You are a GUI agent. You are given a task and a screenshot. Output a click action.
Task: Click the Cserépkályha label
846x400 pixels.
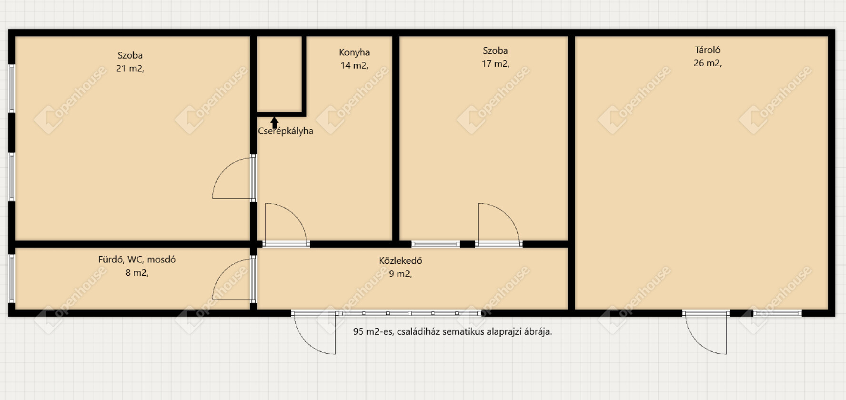(285, 131)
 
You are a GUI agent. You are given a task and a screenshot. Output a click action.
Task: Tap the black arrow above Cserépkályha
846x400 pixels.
(274, 123)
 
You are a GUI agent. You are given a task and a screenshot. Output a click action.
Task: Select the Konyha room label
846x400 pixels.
(354, 53)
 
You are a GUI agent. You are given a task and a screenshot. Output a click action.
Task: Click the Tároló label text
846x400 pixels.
(707, 50)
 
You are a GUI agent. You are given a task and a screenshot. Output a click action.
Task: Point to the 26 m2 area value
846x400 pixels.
(707, 63)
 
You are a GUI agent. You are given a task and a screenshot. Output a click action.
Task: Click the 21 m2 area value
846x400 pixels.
(130, 69)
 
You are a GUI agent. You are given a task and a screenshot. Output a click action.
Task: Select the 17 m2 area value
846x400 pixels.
(495, 64)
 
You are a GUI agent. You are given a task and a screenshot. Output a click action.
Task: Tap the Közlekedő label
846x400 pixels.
(401, 261)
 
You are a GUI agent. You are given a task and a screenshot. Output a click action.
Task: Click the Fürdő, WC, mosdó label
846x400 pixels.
(137, 260)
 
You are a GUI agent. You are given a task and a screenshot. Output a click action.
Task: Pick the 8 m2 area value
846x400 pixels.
(137, 273)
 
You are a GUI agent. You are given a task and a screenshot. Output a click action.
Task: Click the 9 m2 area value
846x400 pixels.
(401, 274)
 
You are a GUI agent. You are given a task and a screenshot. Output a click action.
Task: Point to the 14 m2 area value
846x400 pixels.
(354, 66)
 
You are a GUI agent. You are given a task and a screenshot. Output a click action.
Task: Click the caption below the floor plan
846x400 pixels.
(453, 332)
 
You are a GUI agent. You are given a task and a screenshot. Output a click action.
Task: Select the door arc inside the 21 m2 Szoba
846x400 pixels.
(225, 170)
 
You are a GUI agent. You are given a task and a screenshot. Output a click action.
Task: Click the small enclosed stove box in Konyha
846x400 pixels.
(280, 75)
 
